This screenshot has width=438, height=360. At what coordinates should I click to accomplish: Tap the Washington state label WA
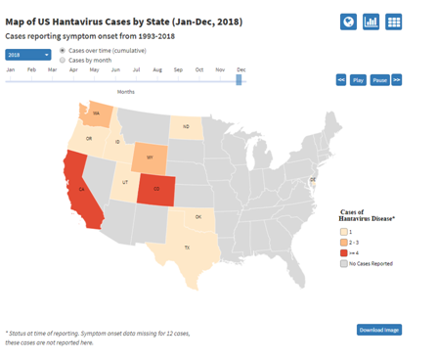pyautogui.click(x=96, y=113)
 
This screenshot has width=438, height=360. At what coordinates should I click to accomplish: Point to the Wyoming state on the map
pyautogui.click(x=149, y=157)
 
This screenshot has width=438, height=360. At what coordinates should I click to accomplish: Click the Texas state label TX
pyautogui.click(x=186, y=247)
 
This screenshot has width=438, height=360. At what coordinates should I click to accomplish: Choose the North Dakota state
pyautogui.click(x=187, y=126)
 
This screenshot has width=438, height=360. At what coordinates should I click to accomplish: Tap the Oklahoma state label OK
pyautogui.click(x=197, y=216)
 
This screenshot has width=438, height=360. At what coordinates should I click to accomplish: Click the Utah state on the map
pyautogui.click(x=124, y=183)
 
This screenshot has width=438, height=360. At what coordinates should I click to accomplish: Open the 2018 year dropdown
pyautogui.click(x=27, y=55)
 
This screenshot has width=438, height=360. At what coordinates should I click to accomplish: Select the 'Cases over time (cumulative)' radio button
pyautogui.click(x=63, y=50)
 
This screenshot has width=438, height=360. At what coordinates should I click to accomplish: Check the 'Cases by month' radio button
pyautogui.click(x=63, y=60)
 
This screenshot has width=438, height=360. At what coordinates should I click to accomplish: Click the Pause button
pyautogui.click(x=380, y=80)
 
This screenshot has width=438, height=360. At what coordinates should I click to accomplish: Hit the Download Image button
pyautogui.click(x=378, y=330)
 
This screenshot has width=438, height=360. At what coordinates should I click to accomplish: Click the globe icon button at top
pyautogui.click(x=348, y=22)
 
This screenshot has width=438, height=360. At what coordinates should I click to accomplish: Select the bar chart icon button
pyautogui.click(x=372, y=22)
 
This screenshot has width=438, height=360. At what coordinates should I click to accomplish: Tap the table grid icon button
pyautogui.click(x=394, y=22)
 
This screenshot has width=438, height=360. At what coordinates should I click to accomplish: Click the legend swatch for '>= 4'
pyautogui.click(x=343, y=251)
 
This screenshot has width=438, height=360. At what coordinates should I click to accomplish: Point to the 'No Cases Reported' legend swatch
pyautogui.click(x=343, y=263)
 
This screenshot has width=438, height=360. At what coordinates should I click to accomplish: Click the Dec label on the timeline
pyautogui.click(x=241, y=69)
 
